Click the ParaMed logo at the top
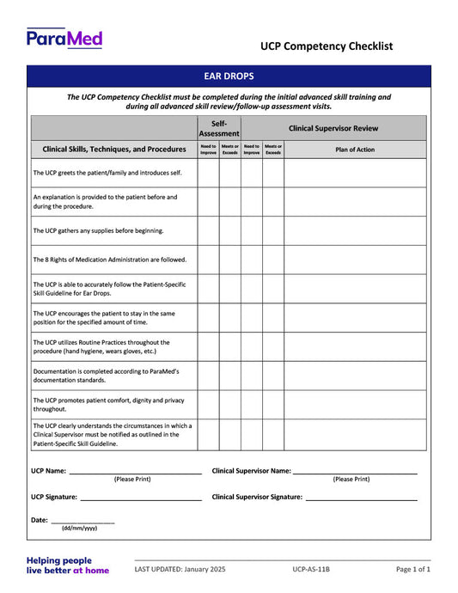64,38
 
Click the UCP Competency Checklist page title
327,46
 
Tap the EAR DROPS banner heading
229,76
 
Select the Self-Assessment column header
219,128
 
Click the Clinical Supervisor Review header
333,128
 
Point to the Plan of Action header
354,149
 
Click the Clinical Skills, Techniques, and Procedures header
114,149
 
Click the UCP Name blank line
135,472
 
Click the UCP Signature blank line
141,498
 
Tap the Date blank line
82,521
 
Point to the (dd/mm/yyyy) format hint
79,529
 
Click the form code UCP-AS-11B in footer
310,569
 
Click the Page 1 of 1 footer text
413,569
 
